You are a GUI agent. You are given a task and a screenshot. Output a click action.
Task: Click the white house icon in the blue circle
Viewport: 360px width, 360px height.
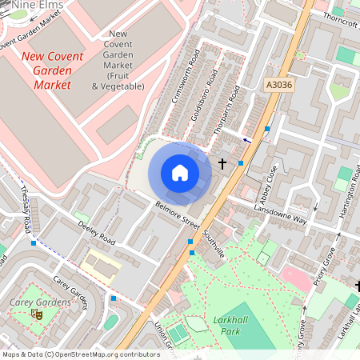coord(180,172)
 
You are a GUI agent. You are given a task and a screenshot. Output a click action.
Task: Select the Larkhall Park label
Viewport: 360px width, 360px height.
coord(233,325)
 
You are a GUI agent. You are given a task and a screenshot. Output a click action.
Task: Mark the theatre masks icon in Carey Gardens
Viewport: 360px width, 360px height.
coord(36,314)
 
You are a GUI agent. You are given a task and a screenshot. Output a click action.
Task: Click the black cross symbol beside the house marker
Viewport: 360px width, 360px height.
coord(222,163)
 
